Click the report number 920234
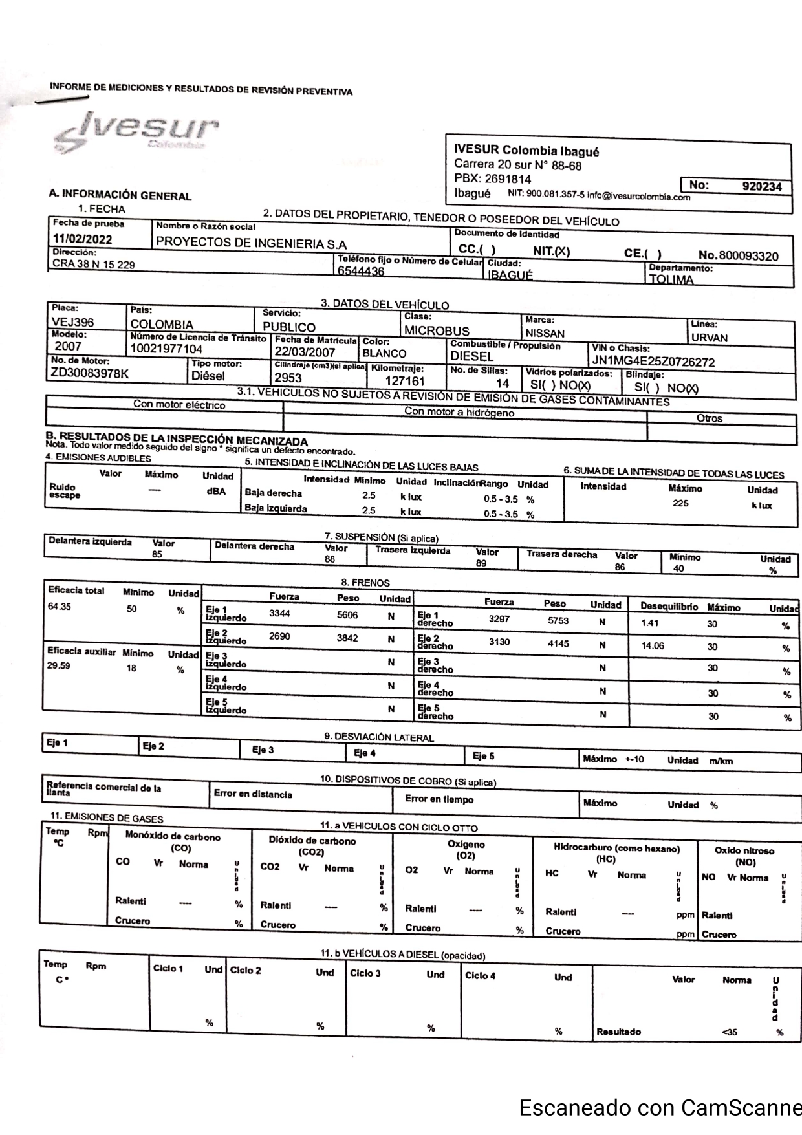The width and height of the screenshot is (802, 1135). pyautogui.click(x=763, y=186)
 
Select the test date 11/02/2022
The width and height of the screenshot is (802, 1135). pyautogui.click(x=82, y=239)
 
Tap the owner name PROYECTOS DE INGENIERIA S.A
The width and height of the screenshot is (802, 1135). pyautogui.click(x=252, y=244)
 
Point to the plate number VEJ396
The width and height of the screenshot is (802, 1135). pyautogui.click(x=73, y=322)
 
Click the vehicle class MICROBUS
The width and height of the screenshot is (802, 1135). pyautogui.click(x=437, y=331)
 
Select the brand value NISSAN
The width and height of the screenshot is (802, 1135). pyautogui.click(x=545, y=334)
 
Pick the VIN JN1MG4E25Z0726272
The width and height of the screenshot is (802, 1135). pyautogui.click(x=653, y=362)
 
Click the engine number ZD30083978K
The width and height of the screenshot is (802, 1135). pyautogui.click(x=90, y=373)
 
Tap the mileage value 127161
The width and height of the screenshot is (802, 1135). pyautogui.click(x=405, y=382)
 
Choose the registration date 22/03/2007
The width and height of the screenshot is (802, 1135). pyautogui.click(x=305, y=352)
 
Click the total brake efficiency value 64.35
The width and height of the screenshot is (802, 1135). pyautogui.click(x=59, y=607)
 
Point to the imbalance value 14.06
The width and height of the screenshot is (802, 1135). pyautogui.click(x=653, y=645)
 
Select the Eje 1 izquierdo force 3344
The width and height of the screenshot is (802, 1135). pyautogui.click(x=279, y=613)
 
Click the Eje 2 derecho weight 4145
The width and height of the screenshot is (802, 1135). pyautogui.click(x=558, y=643)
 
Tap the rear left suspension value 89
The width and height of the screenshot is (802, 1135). pyautogui.click(x=481, y=563)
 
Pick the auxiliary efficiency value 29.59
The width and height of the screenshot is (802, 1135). pyautogui.click(x=59, y=665)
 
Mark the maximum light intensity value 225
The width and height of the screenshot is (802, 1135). pyautogui.click(x=680, y=503)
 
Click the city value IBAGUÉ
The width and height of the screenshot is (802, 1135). pyautogui.click(x=510, y=276)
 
